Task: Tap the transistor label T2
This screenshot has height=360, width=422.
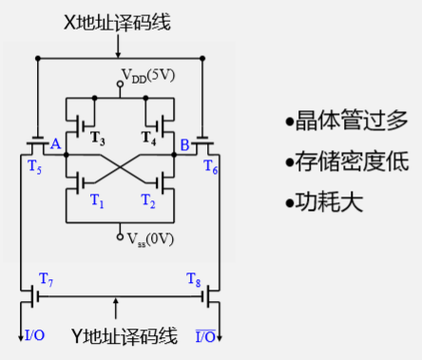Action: (x=147, y=202)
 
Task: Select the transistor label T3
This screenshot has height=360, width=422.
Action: (x=97, y=139)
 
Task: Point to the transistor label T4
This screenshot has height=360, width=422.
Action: (x=147, y=139)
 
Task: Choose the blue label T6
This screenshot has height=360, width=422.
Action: (x=210, y=166)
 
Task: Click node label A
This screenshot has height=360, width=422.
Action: (x=54, y=144)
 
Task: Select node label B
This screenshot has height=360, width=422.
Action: (x=184, y=144)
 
